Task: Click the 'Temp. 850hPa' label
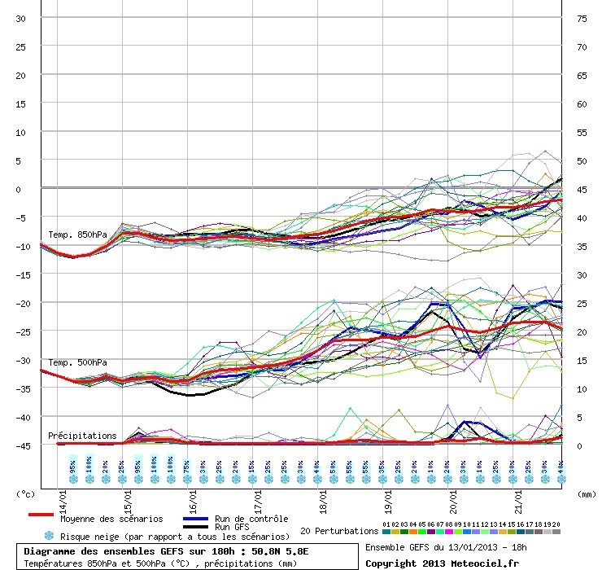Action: pos(77,235)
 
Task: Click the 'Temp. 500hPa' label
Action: pos(77,362)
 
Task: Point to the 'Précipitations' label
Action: pos(82,436)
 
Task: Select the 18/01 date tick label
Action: pos(325,495)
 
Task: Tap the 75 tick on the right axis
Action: pos(582,19)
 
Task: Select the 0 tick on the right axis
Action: pos(579,445)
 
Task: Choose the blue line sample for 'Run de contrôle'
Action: pos(195,518)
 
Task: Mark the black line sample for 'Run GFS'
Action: pos(195,527)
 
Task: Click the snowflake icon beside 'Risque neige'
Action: pos(49,536)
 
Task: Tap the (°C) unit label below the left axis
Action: pos(26,493)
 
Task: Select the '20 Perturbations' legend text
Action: pos(339,531)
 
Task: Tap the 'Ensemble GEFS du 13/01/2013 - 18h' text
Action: pos(443,546)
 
